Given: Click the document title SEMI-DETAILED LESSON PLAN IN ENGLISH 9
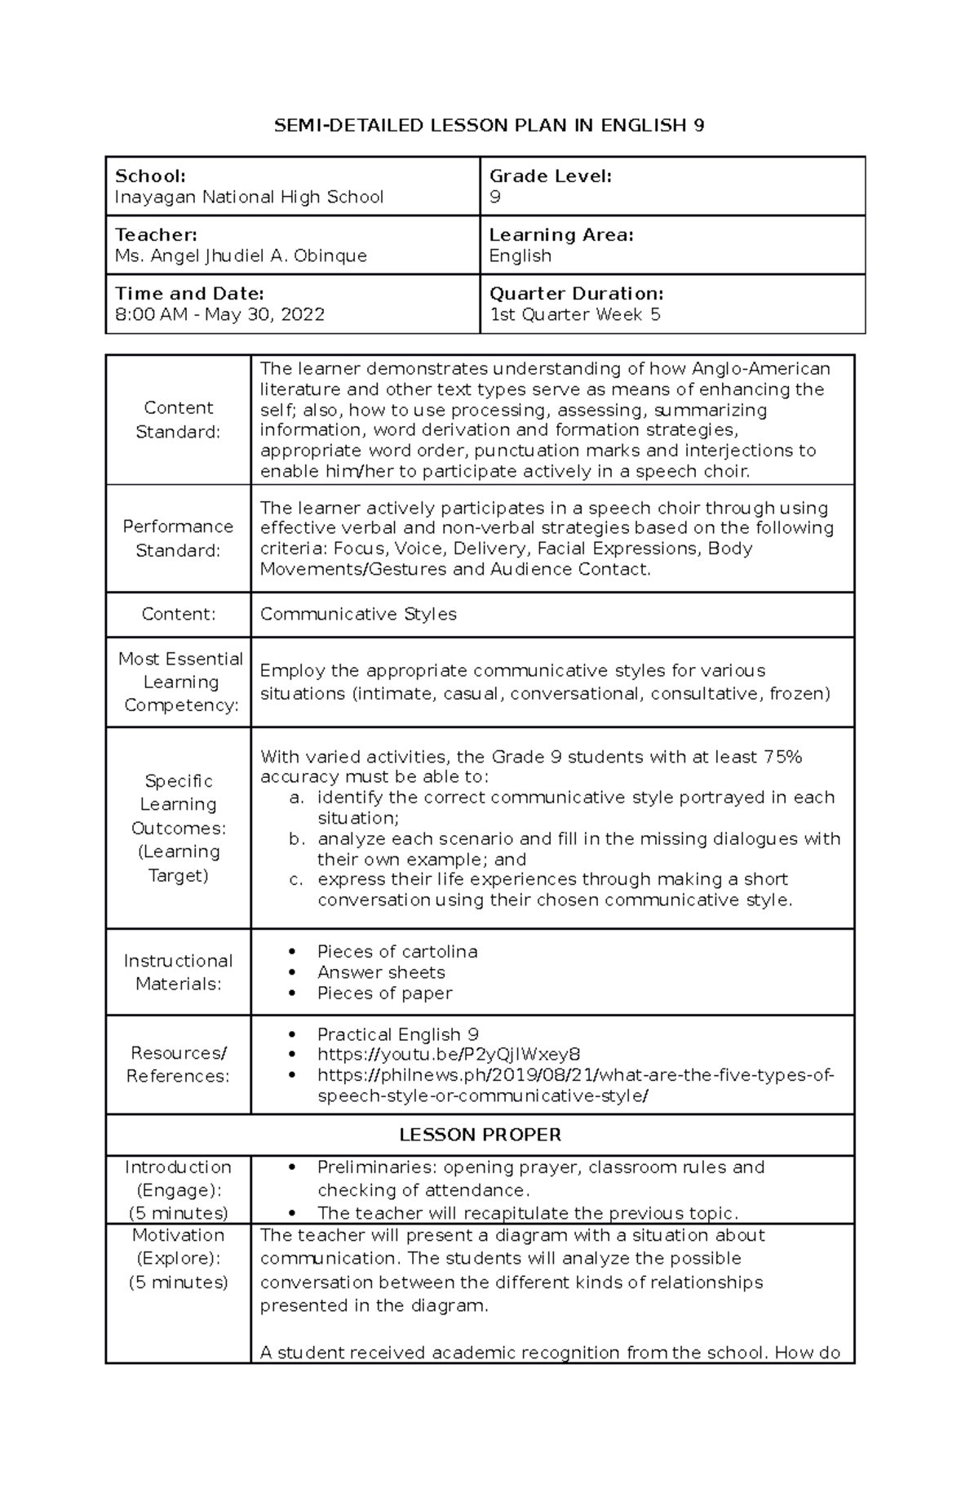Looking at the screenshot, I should (489, 125).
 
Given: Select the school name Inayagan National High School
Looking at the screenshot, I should (249, 197).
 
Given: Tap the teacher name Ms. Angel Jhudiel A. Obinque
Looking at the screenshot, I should (241, 256).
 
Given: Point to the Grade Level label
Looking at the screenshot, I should (550, 176).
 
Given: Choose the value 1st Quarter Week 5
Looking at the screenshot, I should (574, 314).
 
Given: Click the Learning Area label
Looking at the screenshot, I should (561, 234).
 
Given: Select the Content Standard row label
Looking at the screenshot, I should (178, 420).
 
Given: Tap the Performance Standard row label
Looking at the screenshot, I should (178, 538).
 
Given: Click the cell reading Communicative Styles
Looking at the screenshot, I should (358, 614).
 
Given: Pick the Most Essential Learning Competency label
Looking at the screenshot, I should (180, 682).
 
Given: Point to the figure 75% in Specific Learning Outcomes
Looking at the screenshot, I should (782, 757).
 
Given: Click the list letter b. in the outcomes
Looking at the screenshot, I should (297, 838).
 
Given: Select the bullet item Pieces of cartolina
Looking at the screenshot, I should (396, 951).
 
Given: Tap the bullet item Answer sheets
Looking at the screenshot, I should (381, 972).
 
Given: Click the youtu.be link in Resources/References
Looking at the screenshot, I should (449, 1054).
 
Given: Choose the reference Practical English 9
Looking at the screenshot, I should (397, 1033).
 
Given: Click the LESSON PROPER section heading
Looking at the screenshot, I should (480, 1135).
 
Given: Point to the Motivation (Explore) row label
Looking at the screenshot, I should (178, 1258).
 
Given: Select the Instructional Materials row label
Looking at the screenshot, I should (178, 972).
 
